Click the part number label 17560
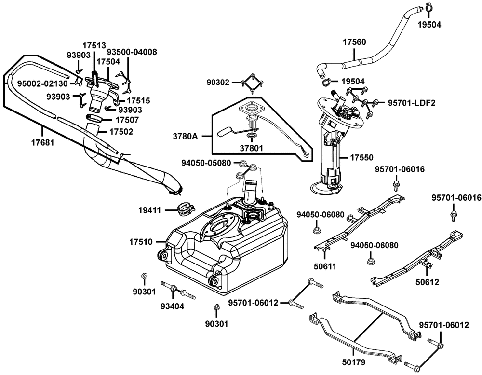click(x=354, y=42)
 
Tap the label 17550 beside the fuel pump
click(x=362, y=158)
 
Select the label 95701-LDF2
click(x=412, y=103)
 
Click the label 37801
click(x=252, y=148)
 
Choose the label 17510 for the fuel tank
click(x=141, y=242)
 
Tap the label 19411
click(x=150, y=210)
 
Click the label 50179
click(x=354, y=362)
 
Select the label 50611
click(x=324, y=266)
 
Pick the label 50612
click(x=427, y=282)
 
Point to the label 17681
click(x=43, y=142)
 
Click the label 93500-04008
click(x=132, y=52)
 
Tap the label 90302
click(x=218, y=83)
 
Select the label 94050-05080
click(x=206, y=163)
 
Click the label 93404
click(x=173, y=306)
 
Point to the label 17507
click(x=127, y=120)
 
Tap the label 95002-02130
click(x=42, y=83)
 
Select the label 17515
click(x=138, y=100)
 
